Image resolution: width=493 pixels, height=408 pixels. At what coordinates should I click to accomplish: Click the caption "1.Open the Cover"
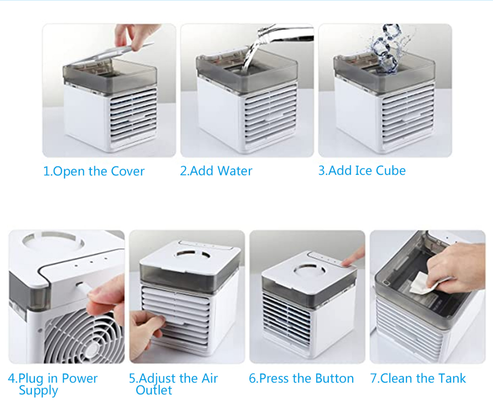click(x=94, y=171)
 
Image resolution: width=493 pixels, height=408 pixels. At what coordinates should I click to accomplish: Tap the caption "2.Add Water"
click(x=216, y=171)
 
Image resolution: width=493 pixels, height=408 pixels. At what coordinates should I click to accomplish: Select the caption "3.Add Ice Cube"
click(x=362, y=170)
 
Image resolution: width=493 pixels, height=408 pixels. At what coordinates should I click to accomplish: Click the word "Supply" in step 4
click(x=39, y=391)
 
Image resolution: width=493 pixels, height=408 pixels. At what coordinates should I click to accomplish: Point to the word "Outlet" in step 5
click(x=154, y=390)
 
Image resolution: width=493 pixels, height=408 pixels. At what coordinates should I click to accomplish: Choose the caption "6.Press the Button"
click(x=301, y=379)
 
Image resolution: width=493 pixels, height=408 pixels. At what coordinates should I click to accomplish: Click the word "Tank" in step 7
click(x=452, y=379)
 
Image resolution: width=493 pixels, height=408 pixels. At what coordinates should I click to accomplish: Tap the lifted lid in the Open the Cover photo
click(x=110, y=55)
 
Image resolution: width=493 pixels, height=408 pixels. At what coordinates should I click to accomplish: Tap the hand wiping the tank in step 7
click(x=454, y=268)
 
